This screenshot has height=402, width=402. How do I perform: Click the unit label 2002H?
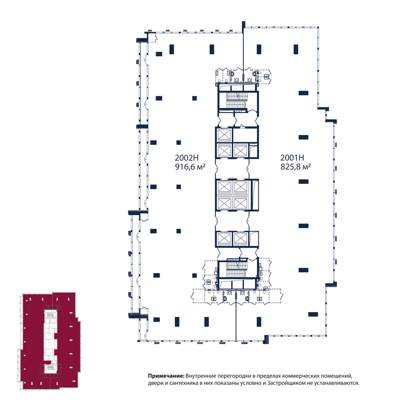coord(187,158)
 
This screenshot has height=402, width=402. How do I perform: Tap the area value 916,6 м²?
coord(190,167)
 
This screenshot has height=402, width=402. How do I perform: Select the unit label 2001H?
coord(292,158)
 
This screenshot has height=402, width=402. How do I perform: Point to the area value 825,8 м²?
coord(295,167)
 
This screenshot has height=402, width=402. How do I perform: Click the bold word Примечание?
coord(166,376)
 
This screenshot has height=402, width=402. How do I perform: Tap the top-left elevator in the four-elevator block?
coord(224,187)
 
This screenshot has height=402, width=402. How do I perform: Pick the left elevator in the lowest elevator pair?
coord(224,239)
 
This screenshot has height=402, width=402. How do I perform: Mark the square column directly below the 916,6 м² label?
coord(179,187)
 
